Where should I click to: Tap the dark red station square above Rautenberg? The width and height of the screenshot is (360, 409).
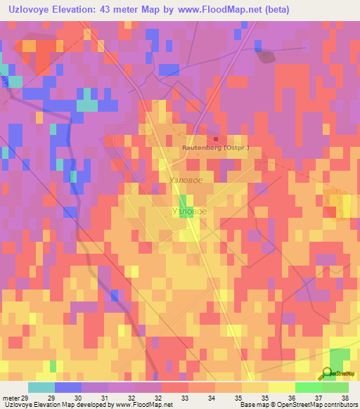(x=215, y=138)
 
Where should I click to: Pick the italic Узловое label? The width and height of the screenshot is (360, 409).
(x=187, y=181)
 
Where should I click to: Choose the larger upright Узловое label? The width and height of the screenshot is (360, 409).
(x=189, y=211)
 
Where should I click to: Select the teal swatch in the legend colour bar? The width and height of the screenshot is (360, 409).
(x=41, y=387)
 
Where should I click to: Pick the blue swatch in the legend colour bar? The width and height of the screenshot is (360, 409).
(x=68, y=387)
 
